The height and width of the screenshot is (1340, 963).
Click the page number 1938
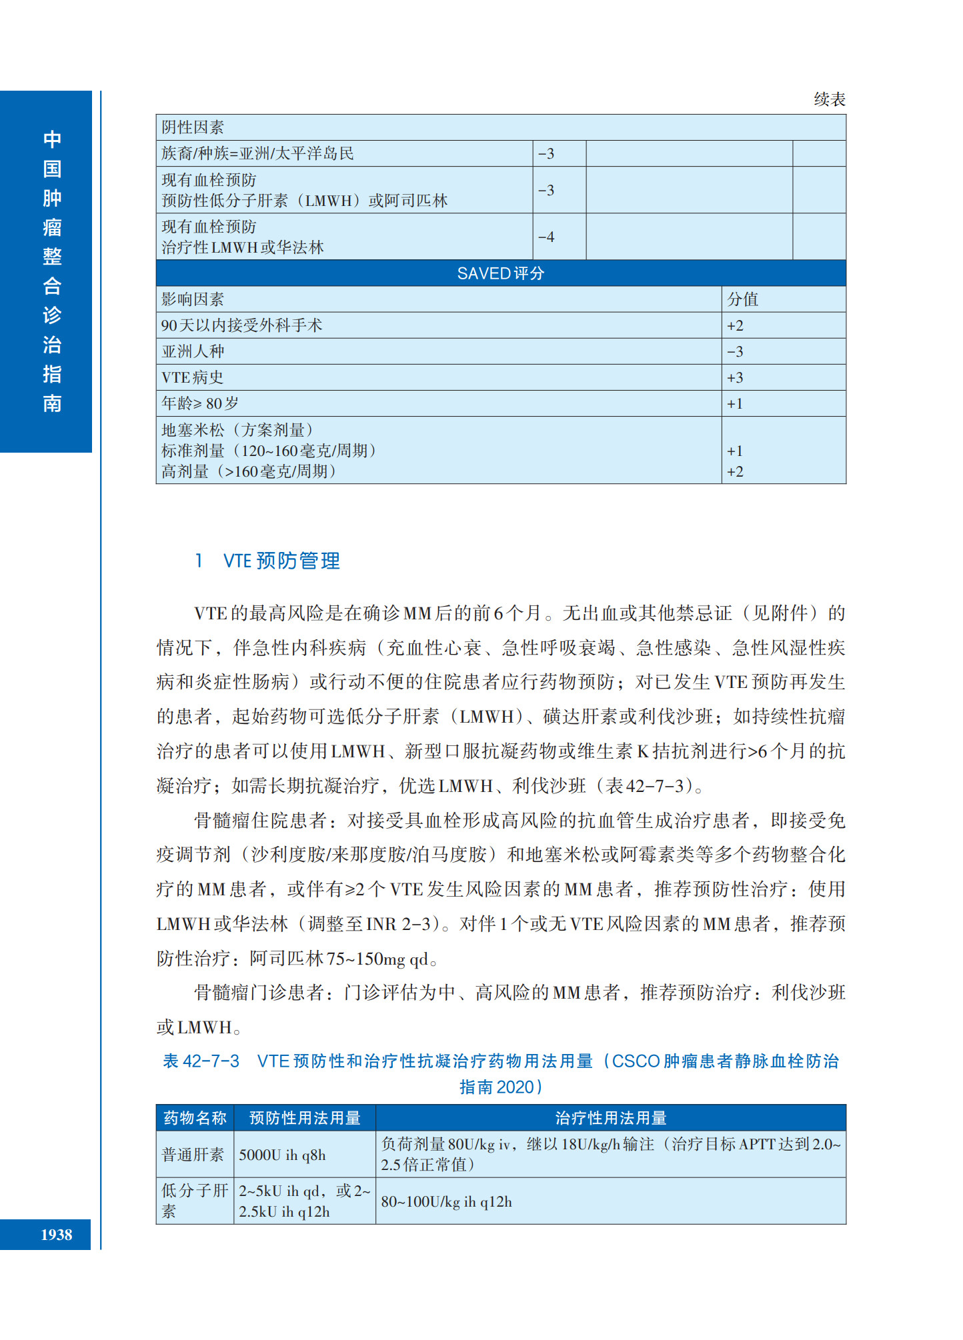point(56,1235)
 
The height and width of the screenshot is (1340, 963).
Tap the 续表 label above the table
point(829,99)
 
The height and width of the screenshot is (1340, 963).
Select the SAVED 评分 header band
point(500,273)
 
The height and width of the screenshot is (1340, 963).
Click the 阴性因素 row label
point(193,127)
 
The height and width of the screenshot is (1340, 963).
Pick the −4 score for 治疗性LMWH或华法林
point(546,237)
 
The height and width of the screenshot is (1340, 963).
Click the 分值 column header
point(742,299)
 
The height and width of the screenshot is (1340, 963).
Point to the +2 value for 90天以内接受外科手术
point(735,325)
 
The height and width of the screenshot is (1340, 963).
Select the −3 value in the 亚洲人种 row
point(735,351)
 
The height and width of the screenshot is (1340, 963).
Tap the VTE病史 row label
point(192,377)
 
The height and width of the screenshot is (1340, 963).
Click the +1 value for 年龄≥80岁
point(735,403)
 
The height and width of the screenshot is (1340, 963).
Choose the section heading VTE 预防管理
point(281,561)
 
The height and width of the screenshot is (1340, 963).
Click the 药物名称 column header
point(195,1118)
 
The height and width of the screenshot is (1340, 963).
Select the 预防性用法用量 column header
point(305,1118)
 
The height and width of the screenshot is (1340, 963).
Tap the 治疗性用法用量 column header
point(610,1118)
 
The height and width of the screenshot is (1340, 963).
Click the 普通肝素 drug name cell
point(193,1155)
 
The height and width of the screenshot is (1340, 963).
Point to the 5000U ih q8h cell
point(282,1155)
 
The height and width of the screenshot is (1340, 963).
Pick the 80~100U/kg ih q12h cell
point(446,1201)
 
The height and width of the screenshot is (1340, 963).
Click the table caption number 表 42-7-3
point(201,1061)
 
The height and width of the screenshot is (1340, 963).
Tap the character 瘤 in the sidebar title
point(52,227)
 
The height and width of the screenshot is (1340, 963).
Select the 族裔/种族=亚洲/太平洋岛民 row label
point(257,153)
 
